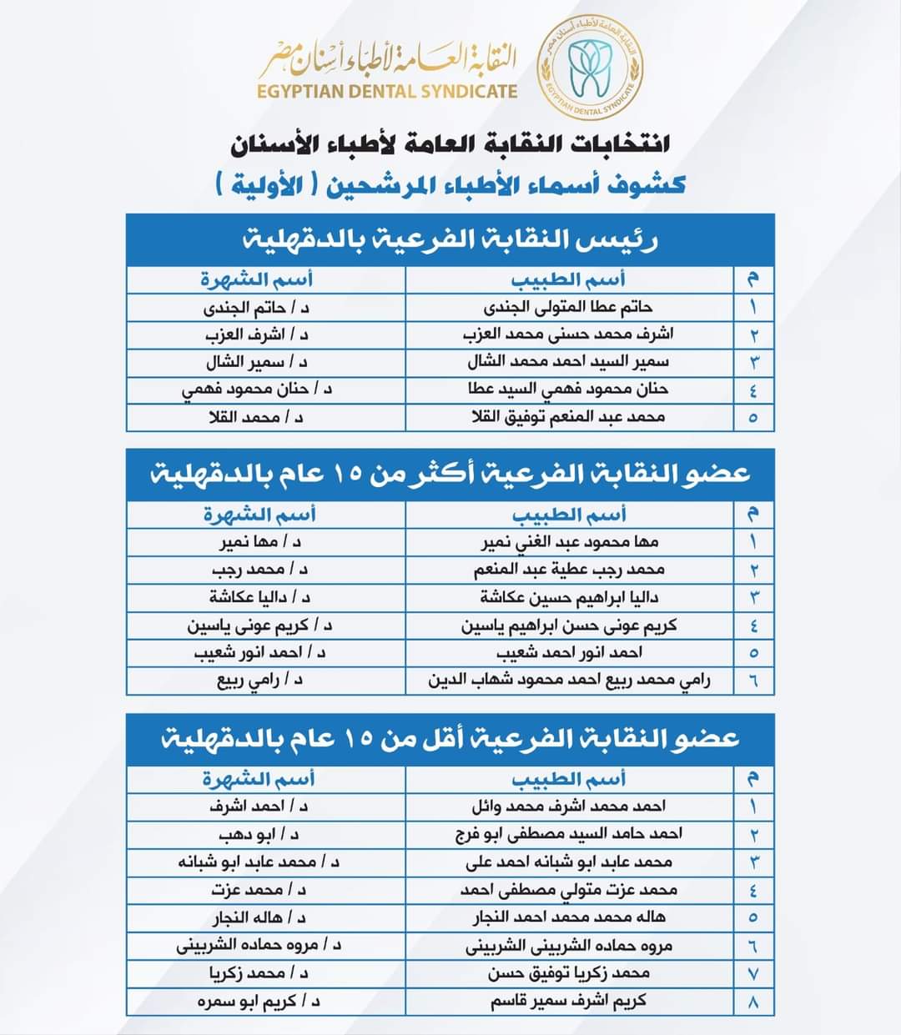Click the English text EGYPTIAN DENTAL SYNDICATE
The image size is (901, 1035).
[388, 91]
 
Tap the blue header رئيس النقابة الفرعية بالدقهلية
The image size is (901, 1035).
[450, 240]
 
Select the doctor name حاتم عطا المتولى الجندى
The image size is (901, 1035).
[568, 307]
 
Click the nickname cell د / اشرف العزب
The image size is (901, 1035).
[257, 335]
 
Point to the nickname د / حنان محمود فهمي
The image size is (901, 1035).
[257, 389]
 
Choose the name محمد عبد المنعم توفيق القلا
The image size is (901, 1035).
[568, 416]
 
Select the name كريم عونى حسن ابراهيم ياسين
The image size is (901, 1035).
[569, 626]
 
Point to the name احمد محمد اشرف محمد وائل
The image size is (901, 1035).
[568, 806]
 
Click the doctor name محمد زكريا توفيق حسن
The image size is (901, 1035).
[569, 973]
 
